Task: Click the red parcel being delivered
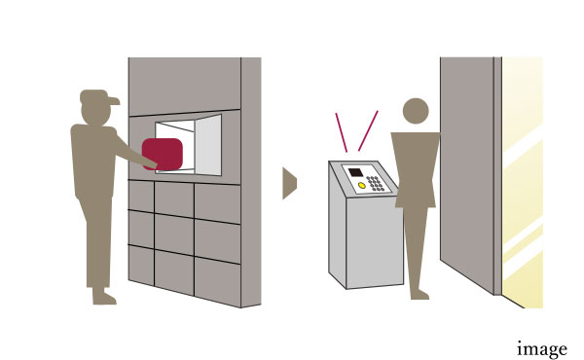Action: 163,154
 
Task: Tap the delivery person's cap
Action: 98,96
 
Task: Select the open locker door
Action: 208,145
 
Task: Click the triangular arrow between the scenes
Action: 289,183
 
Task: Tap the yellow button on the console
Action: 362,185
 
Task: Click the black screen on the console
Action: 355,172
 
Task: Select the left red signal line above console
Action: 342,132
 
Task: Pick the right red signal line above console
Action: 368,130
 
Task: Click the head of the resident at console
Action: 416,111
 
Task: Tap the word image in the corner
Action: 542,349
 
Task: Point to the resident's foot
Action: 420,295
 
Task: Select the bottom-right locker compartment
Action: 217,282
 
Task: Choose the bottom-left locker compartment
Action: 141,265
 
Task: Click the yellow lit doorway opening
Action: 522,182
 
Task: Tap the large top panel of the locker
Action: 184,86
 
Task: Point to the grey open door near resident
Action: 467,175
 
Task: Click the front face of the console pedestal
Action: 375,242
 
